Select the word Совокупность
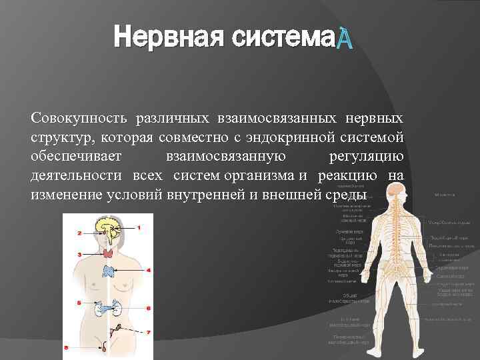tap(77, 119)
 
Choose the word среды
tap(347, 195)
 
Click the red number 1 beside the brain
tap(139, 227)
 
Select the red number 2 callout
tap(79, 233)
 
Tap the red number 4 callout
tap(148, 271)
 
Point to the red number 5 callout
tap(79, 303)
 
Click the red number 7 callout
tap(148, 332)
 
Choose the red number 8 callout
tap(66, 347)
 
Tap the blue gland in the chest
tap(109, 271)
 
